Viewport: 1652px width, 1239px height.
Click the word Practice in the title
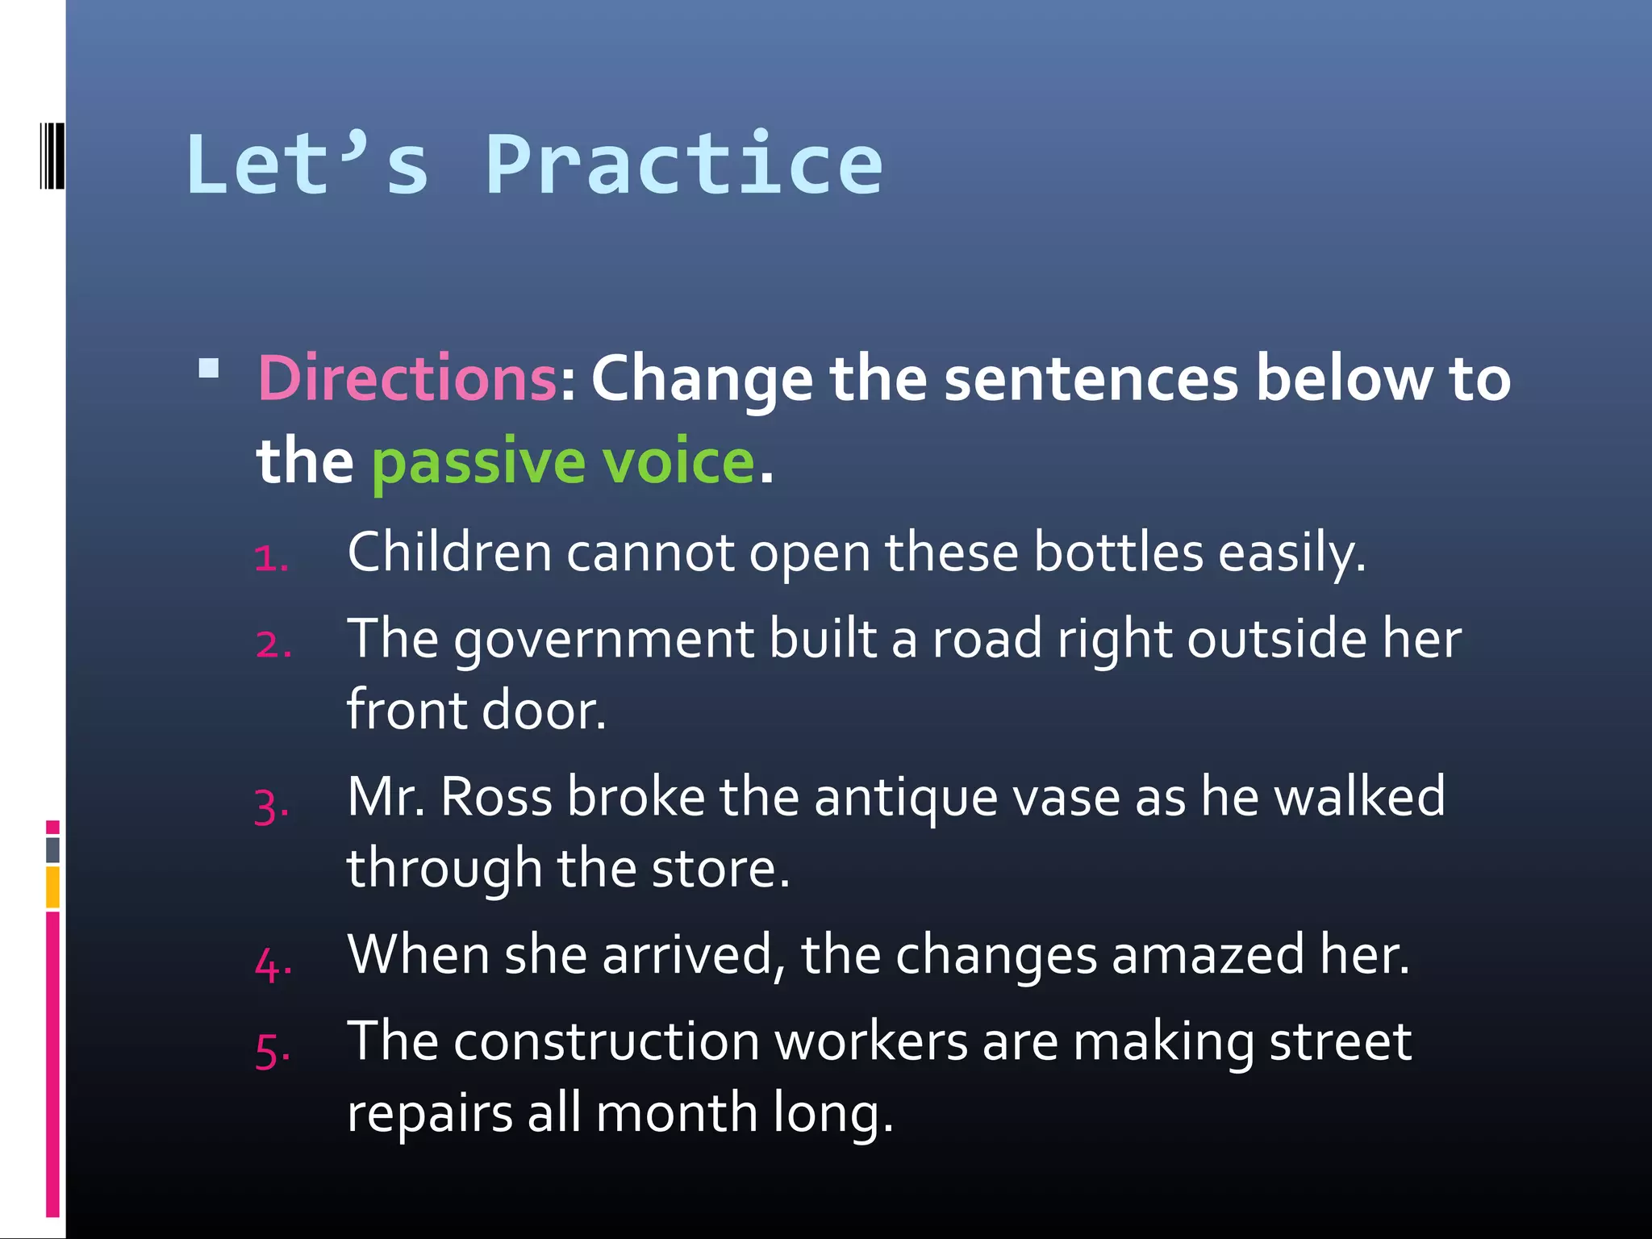coord(684,165)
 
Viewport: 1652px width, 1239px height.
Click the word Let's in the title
coord(307,165)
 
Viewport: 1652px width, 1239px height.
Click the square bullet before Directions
coord(209,369)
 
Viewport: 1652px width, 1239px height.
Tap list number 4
coord(273,965)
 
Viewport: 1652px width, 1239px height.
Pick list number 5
coord(273,1051)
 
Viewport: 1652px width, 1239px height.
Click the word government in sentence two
coord(603,640)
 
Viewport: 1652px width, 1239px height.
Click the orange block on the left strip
coord(52,887)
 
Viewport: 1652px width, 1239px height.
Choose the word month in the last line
coord(676,1113)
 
